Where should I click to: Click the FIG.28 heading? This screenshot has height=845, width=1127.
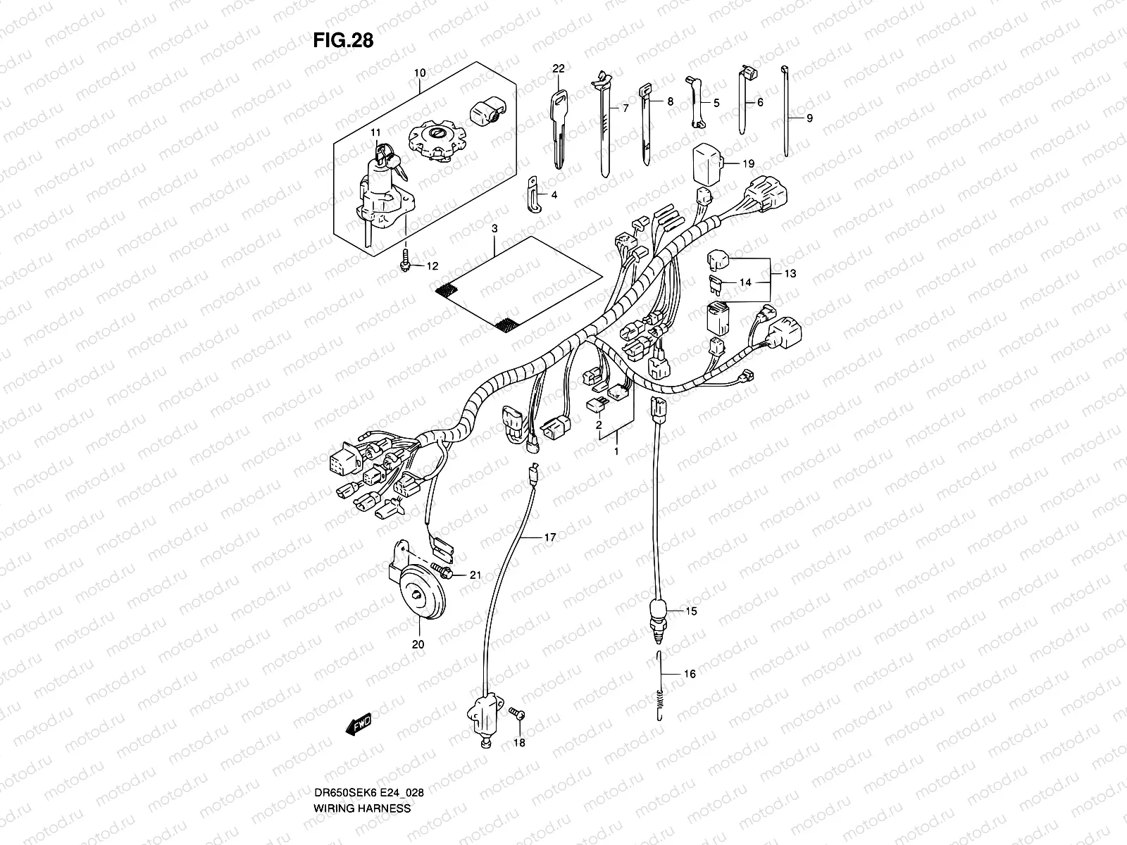(343, 41)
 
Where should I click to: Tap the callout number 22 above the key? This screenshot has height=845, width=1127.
(559, 68)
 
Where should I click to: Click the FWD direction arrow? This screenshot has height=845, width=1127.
(358, 723)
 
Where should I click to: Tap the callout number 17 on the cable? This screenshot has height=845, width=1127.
(549, 537)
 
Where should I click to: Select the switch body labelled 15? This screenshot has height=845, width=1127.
(658, 609)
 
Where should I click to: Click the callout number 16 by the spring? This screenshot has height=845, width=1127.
(690, 674)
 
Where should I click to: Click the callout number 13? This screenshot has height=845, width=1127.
(790, 273)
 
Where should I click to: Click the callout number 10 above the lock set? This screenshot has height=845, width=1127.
(420, 73)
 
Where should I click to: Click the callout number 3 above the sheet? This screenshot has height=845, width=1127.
(494, 230)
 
